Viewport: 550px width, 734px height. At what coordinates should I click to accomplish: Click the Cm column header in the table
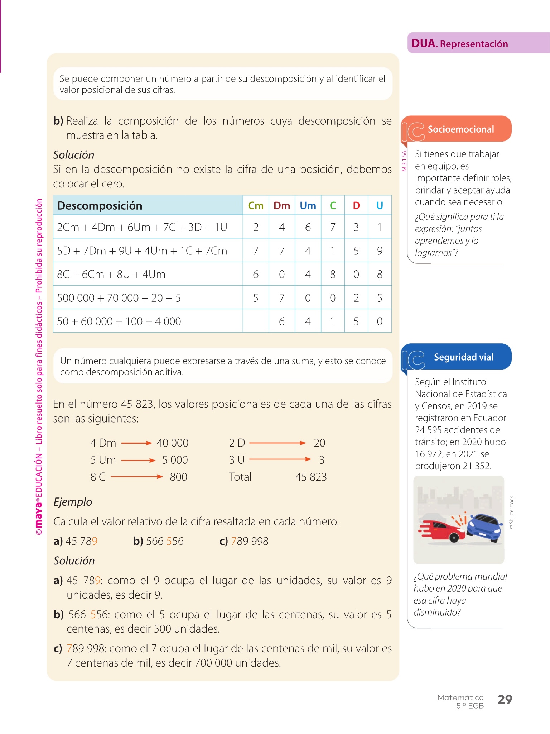[x=256, y=205]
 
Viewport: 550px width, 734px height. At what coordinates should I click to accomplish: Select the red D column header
[x=356, y=205]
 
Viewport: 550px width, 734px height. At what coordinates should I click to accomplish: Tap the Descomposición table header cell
[x=100, y=206]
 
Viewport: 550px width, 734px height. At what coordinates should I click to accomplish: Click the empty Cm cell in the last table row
[x=256, y=321]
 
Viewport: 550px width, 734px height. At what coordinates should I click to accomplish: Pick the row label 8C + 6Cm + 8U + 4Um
[x=111, y=274]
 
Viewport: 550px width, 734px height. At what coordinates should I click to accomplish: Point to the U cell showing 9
[x=380, y=251]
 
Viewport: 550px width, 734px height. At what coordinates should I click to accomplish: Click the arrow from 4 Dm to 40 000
[x=136, y=443]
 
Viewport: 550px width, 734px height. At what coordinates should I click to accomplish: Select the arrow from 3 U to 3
[x=280, y=459]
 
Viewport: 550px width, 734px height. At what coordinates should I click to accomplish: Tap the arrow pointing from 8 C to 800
[x=136, y=477]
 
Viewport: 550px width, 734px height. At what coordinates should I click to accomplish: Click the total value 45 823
[x=311, y=477]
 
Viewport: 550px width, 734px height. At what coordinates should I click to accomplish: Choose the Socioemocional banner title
[x=460, y=129]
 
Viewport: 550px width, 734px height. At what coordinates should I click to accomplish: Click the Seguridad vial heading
[x=463, y=357]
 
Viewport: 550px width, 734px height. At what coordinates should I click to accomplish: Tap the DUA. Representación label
[x=460, y=44]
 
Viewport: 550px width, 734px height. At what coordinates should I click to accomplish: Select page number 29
[x=505, y=699]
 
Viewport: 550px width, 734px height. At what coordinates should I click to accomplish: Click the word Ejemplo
[x=73, y=502]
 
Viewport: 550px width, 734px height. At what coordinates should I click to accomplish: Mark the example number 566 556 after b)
[x=165, y=541]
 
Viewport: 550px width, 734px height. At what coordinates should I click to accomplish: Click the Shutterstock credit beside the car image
[x=511, y=513]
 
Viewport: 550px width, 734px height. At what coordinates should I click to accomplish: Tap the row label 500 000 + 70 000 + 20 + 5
[x=119, y=298]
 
